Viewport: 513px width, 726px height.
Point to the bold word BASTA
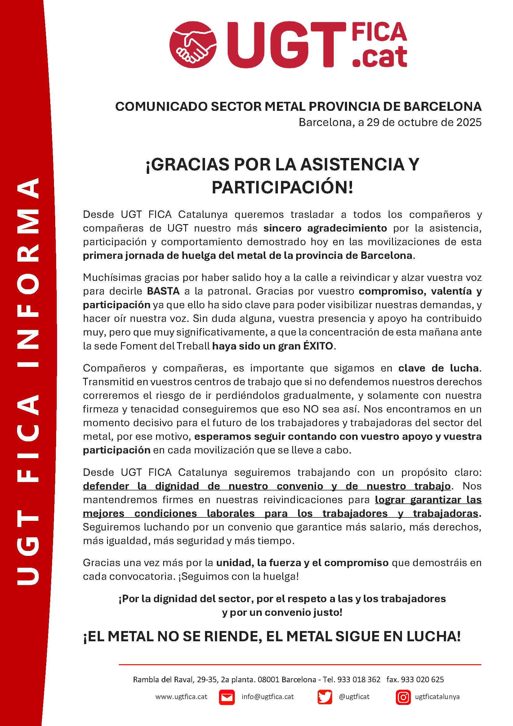(x=163, y=291)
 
